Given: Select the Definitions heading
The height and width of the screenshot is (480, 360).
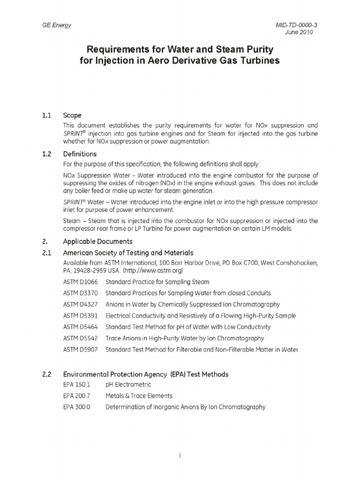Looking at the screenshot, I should [x=80, y=154].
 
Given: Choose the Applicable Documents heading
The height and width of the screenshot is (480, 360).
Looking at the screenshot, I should [x=97, y=242].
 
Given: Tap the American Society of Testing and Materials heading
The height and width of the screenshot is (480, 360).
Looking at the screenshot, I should [x=128, y=253].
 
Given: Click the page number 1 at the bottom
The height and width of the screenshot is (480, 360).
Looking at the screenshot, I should [x=180, y=456].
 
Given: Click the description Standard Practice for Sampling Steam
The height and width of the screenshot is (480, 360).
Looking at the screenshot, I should [x=157, y=282].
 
